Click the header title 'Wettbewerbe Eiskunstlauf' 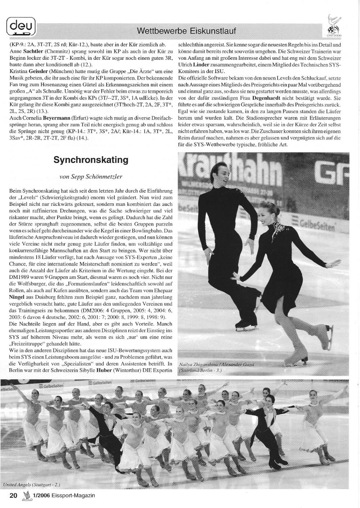(x=186, y=31)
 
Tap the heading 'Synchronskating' (x=91, y=160)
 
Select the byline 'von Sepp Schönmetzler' (x=91, y=177)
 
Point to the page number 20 (x=13, y=495)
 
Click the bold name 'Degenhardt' (x=267, y=97)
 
